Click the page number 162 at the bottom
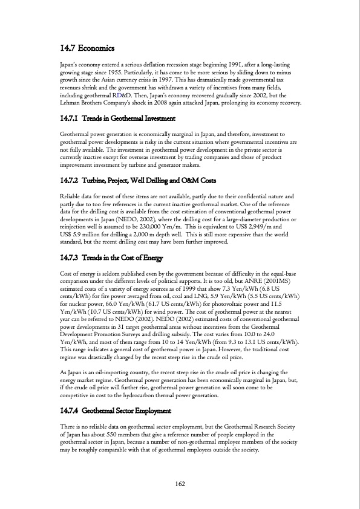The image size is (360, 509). [180, 482]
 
